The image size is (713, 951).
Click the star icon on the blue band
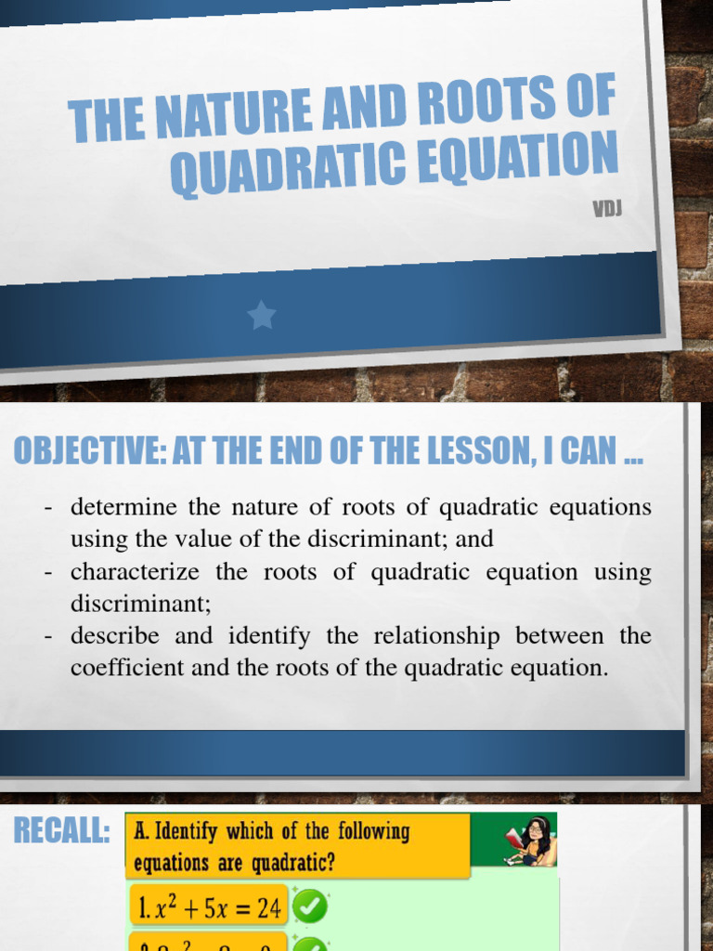click(262, 316)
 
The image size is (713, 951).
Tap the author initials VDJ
click(607, 208)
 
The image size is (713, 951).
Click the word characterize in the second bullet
click(134, 572)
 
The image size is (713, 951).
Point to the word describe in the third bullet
click(115, 636)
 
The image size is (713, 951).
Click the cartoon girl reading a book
click(532, 840)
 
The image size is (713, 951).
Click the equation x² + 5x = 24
click(209, 908)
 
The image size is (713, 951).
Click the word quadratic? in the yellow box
click(288, 863)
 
